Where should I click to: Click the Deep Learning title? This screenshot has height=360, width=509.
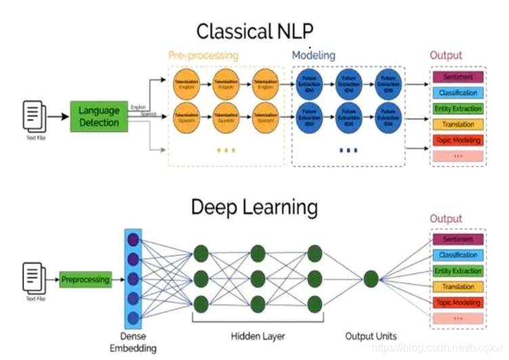(255, 206)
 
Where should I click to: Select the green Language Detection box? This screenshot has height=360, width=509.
(99, 116)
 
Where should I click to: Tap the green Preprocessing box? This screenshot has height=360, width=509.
(85, 279)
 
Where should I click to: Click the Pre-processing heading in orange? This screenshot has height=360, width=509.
(203, 55)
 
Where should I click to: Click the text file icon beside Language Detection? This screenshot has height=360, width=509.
(35, 115)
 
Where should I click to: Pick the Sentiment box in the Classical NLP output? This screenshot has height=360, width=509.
(458, 77)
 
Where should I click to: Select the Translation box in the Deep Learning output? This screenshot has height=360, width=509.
(458, 287)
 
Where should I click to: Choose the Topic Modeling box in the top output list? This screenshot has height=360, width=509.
(458, 141)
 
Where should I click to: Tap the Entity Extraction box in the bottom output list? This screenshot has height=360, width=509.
(458, 271)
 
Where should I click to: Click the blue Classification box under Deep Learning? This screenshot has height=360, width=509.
(458, 255)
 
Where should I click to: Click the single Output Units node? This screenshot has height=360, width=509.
(370, 279)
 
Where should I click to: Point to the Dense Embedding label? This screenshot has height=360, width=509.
(133, 342)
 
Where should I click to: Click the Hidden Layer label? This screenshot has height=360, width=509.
(257, 336)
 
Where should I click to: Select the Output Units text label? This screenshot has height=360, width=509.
(370, 336)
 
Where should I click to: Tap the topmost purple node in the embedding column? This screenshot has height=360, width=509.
(133, 239)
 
